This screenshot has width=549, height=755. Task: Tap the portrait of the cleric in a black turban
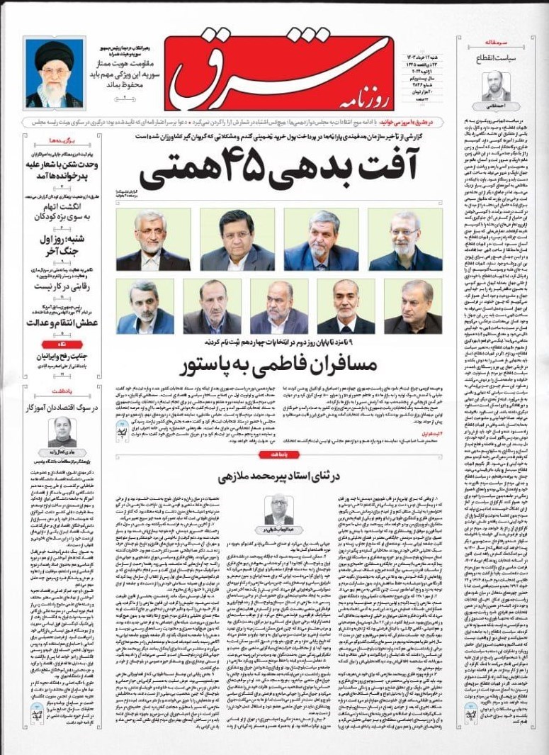53,73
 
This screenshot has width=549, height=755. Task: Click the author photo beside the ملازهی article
279,509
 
